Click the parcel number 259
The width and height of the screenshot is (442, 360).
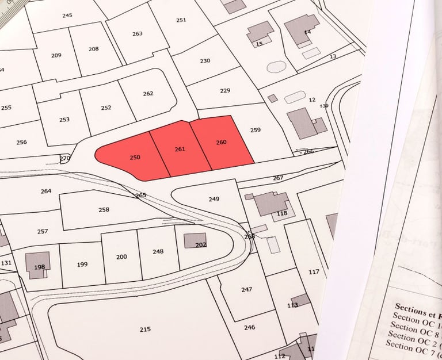pos(256,130)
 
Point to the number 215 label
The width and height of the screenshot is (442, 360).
pos(145,329)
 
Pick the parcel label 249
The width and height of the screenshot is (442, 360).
pos(214,199)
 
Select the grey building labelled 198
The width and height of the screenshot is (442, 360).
pos(39,263)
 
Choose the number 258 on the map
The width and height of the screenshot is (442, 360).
pos(104,210)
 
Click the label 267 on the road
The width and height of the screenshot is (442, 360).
pos(278,178)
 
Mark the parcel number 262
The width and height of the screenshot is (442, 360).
pos(148,94)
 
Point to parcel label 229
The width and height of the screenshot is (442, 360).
pos(225,91)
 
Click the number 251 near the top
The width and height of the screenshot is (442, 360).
pos(181,20)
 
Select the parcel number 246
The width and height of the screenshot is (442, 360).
pos(249,327)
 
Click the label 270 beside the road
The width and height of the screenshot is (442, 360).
pos(65,158)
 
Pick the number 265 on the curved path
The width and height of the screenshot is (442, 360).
pos(140,196)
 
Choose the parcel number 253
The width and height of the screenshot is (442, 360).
pos(64,120)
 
